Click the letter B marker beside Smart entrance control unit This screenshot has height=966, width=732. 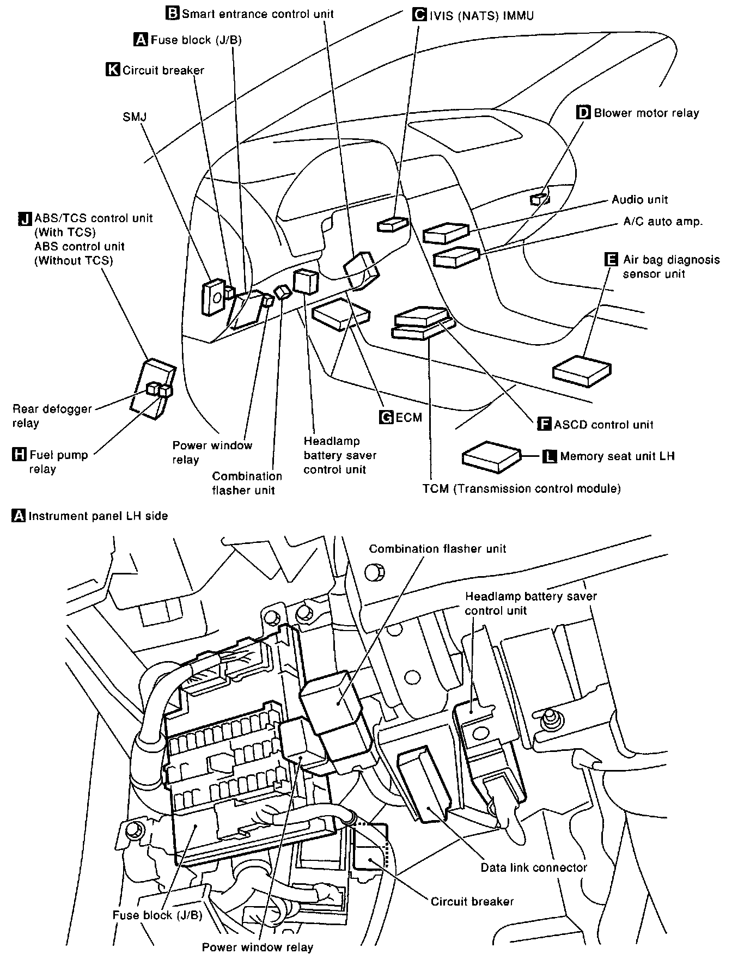[172, 13]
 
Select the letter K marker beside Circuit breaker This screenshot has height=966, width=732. [113, 70]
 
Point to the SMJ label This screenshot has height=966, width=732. [135, 117]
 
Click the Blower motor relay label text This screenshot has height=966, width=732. [646, 113]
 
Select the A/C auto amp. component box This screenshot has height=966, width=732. [456, 256]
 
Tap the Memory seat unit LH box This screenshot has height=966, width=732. [491, 456]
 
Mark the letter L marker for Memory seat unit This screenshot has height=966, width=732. [550, 456]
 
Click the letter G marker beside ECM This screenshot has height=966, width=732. [386, 417]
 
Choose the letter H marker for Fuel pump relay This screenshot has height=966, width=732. [19, 454]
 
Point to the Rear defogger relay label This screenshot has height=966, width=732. [52, 415]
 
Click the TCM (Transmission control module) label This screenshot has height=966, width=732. [521, 488]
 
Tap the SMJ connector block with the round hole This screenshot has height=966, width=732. [213, 297]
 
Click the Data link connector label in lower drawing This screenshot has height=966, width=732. [533, 867]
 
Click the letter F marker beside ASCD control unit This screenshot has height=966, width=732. [544, 424]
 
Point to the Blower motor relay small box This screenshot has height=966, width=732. [540, 199]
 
